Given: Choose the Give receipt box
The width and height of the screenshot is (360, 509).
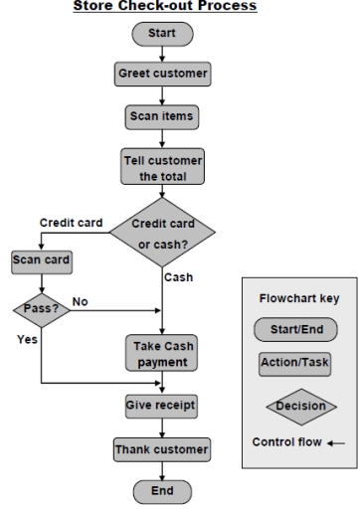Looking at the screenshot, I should (160, 406).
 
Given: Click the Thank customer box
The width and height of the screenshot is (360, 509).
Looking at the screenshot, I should (160, 449).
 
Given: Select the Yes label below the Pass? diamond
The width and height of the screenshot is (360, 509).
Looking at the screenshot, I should (29, 339).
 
